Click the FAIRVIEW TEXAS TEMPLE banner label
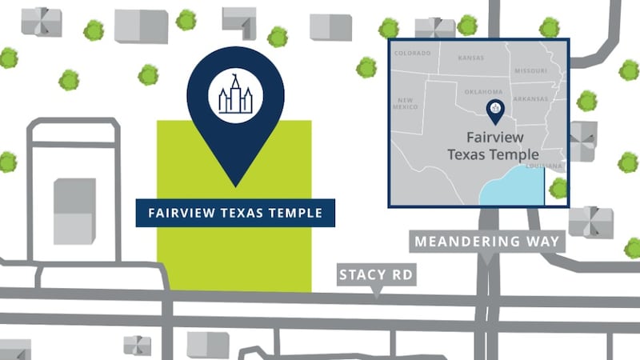tap(234, 214)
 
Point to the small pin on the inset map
tap(495, 112)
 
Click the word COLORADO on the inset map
tap(412, 54)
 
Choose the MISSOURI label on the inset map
tap(530, 70)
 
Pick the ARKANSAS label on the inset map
tap(531, 98)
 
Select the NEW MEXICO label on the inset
tap(406, 103)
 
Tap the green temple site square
tap(234, 256)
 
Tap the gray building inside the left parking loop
tap(74, 210)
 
